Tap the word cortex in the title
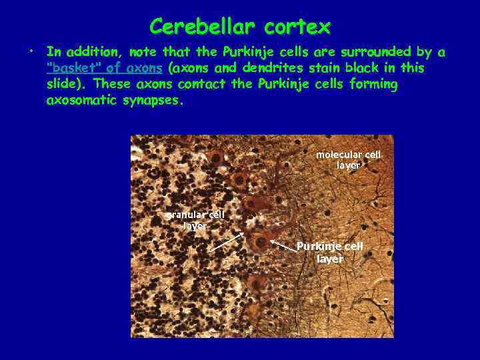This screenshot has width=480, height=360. (x=297, y=27)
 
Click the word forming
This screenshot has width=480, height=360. (x=374, y=84)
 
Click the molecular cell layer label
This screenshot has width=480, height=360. (x=348, y=160)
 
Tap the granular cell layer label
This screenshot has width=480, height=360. (x=195, y=220)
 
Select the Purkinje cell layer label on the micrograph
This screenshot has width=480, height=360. (x=330, y=253)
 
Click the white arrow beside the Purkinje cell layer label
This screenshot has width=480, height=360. (x=283, y=244)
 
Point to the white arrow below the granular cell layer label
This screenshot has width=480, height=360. (x=228, y=241)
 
